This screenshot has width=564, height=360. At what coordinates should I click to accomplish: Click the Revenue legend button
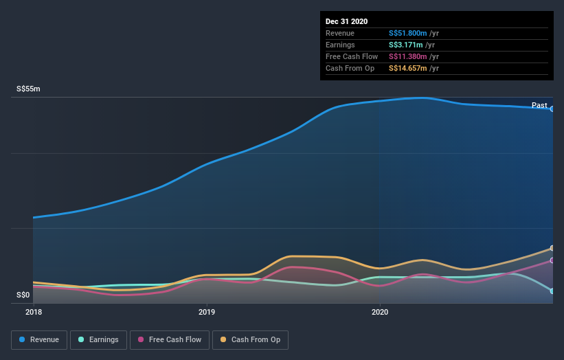pyautogui.click(x=40, y=339)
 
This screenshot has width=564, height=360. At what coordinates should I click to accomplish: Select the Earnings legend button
pyautogui.click(x=99, y=339)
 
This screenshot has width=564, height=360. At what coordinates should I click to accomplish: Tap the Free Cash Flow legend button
pyautogui.click(x=170, y=339)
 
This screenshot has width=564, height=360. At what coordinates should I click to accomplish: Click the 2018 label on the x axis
pyautogui.click(x=33, y=312)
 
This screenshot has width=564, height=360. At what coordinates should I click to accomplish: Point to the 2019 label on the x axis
pyautogui.click(x=206, y=312)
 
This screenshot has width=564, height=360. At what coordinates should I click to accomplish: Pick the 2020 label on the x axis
pyautogui.click(x=379, y=312)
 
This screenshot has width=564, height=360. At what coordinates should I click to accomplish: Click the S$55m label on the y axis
pyautogui.click(x=29, y=89)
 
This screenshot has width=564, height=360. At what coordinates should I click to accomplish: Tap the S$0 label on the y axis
pyautogui.click(x=23, y=295)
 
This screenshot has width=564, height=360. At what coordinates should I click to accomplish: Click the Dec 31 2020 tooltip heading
pyautogui.click(x=348, y=21)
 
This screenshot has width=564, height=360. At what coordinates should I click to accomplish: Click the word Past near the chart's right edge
pyautogui.click(x=539, y=105)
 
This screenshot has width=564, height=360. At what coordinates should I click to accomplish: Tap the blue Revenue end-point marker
pyautogui.click(x=552, y=109)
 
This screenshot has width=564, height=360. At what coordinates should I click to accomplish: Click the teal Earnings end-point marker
pyautogui.click(x=552, y=291)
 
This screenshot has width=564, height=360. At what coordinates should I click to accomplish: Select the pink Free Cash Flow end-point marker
pyautogui.click(x=552, y=260)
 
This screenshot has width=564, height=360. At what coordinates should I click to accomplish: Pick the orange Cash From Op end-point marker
pyautogui.click(x=552, y=248)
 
